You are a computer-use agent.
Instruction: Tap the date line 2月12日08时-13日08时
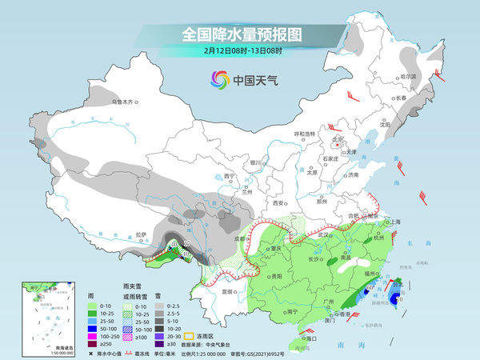tap(242, 51)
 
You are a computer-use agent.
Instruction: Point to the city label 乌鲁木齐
tap(124, 102)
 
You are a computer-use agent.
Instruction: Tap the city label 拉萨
tap(141, 234)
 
